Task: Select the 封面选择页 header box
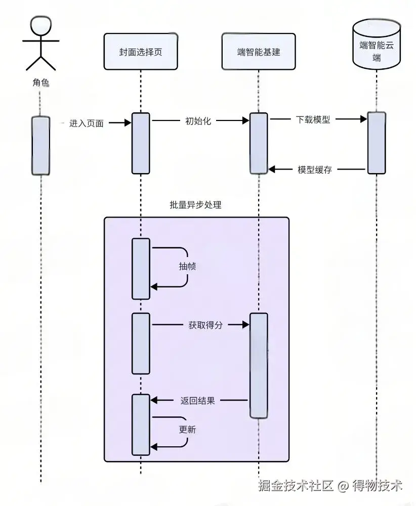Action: pos(141,52)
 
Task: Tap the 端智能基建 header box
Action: pos(258,52)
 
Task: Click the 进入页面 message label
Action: pos(87,123)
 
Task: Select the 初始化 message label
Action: pos(198,121)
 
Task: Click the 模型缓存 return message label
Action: pos(315,170)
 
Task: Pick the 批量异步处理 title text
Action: pos(195,205)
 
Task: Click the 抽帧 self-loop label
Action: pos(187,267)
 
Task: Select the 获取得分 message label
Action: pos(205,325)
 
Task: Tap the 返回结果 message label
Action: pos(198,400)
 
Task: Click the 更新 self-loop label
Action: pos(187,430)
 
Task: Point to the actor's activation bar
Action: pos(40,146)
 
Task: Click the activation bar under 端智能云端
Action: pos(377,143)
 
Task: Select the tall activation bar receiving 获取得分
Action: pos(259,365)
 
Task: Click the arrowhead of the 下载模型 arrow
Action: pos(363,119)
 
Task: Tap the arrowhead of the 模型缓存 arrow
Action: pos(272,169)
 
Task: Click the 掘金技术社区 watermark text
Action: pos(296,486)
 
